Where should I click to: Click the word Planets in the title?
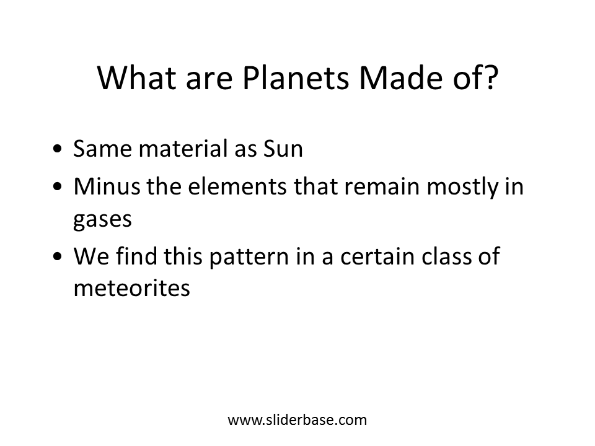coord(296,78)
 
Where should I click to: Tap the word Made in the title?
coord(402,78)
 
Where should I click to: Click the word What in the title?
coord(137,78)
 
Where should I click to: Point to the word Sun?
coord(283,148)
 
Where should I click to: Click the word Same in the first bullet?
coord(102,148)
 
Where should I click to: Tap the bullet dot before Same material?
coord(57,149)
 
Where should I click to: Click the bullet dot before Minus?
coord(57,186)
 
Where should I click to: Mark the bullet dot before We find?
coord(57,256)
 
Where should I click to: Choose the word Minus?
coord(107,186)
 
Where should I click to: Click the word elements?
coord(237,186)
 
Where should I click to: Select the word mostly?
coord(462,187)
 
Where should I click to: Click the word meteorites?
coord(131,288)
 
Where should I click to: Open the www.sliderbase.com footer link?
coord(297,420)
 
